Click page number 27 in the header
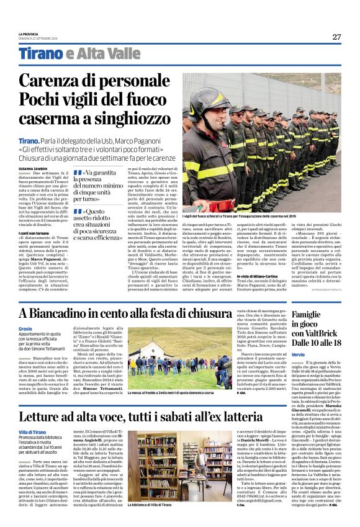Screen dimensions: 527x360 (x=336, y=37)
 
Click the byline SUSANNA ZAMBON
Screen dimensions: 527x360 (x=33, y=168)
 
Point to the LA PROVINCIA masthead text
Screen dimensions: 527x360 (x=28, y=34)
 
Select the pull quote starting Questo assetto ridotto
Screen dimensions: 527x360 (x=101, y=224)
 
